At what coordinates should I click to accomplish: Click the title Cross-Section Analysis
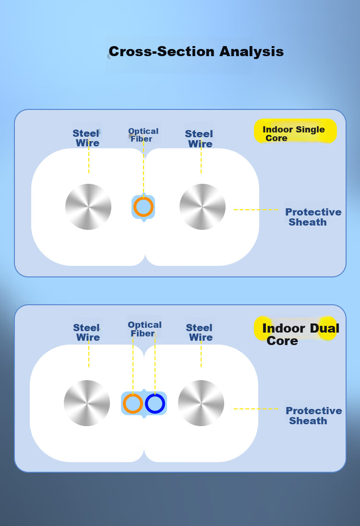[x=196, y=52]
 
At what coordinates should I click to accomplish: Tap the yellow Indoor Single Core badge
[x=295, y=131]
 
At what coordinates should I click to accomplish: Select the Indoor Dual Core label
[x=300, y=334]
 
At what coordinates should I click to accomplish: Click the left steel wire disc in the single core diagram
[x=88, y=207]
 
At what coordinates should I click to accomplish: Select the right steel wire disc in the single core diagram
[x=202, y=207]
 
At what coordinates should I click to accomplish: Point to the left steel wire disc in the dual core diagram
[x=87, y=403]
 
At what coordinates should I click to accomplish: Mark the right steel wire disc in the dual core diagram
[x=201, y=403]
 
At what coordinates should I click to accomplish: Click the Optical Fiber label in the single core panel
[x=143, y=135]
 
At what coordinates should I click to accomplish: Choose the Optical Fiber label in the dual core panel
[x=144, y=329]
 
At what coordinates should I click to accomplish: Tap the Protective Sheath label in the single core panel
[x=313, y=217]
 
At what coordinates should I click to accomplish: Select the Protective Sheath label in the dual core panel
[x=314, y=416]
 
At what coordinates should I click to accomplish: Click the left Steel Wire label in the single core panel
[x=86, y=138]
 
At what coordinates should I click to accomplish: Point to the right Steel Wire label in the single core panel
[x=199, y=139]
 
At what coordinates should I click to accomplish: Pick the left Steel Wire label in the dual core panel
[x=86, y=333]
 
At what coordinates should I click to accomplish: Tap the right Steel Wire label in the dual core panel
[x=199, y=333]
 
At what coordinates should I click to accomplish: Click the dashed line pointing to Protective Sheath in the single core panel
[x=256, y=210]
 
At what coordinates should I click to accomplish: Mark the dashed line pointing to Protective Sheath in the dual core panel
[x=256, y=409]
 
